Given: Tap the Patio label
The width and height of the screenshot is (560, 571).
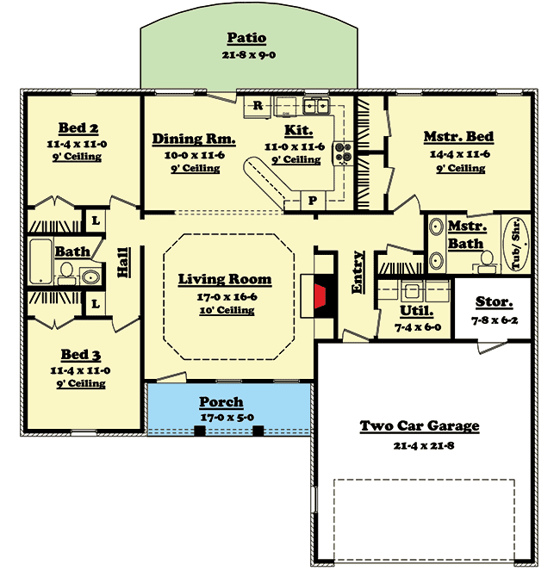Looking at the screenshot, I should (246, 39).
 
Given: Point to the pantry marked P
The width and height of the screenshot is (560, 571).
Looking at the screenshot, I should (312, 201).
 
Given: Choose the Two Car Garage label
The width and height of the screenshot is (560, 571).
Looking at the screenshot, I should (419, 426).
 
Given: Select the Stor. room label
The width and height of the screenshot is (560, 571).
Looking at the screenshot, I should (495, 302).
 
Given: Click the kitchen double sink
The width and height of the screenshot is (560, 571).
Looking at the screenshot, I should (317, 107).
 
